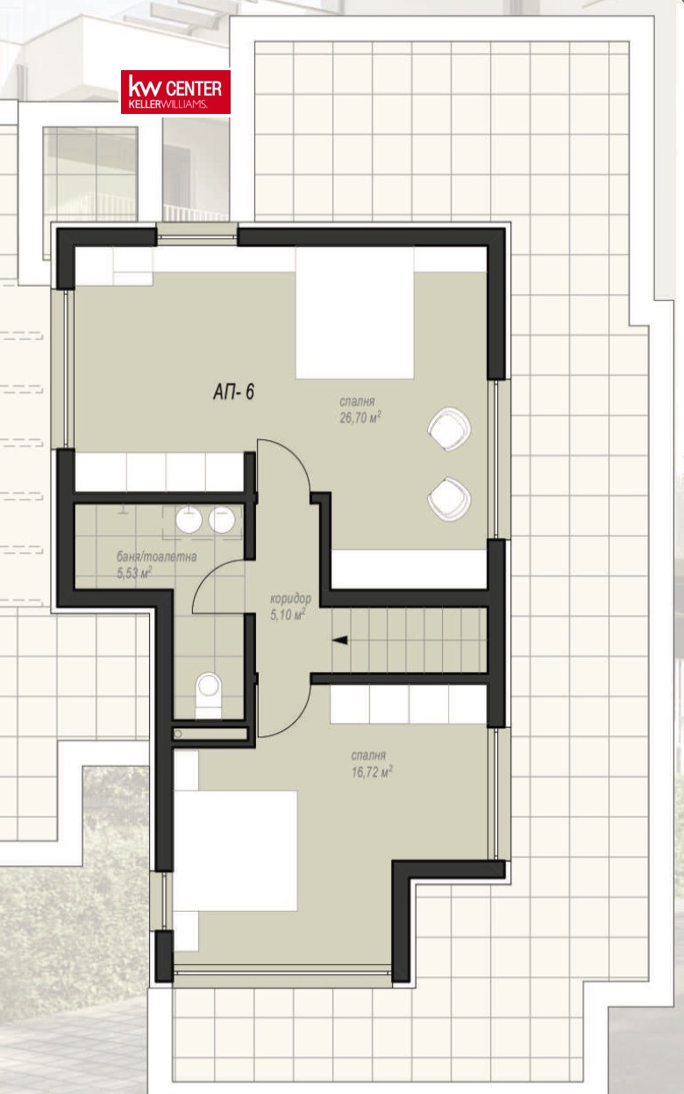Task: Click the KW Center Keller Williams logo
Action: (x=175, y=92)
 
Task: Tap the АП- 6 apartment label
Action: (x=233, y=392)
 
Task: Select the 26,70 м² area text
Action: (x=360, y=418)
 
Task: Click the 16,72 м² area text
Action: (x=372, y=772)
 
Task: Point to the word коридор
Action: (x=290, y=599)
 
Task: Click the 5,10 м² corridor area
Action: (x=288, y=614)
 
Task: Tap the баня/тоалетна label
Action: (x=156, y=557)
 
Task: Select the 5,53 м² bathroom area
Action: (x=134, y=572)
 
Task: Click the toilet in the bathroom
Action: (x=209, y=695)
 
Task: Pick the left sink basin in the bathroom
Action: (x=189, y=519)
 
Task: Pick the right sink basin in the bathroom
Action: (x=222, y=519)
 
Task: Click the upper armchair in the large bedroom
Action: (x=449, y=429)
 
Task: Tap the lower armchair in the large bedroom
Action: (x=449, y=499)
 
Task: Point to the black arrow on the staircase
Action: (x=340, y=640)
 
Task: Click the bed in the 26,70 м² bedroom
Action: (x=354, y=313)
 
